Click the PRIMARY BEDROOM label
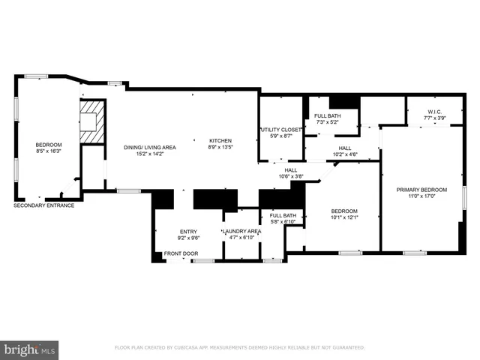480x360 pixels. [x=421, y=190]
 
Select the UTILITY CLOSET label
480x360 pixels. [x=280, y=129]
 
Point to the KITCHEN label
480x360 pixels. [x=220, y=140]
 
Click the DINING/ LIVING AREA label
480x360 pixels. [x=150, y=147]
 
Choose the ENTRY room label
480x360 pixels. [x=188, y=231]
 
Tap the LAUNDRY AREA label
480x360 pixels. [x=241, y=231]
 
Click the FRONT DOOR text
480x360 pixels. [x=181, y=253]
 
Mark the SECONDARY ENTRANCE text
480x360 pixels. [x=43, y=205]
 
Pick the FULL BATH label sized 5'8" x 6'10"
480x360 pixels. [x=283, y=216]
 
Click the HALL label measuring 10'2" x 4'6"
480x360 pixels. [x=345, y=148]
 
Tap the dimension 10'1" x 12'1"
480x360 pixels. [x=345, y=218]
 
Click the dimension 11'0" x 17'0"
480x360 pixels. [x=421, y=196]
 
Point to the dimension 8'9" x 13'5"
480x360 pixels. [x=220, y=147]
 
